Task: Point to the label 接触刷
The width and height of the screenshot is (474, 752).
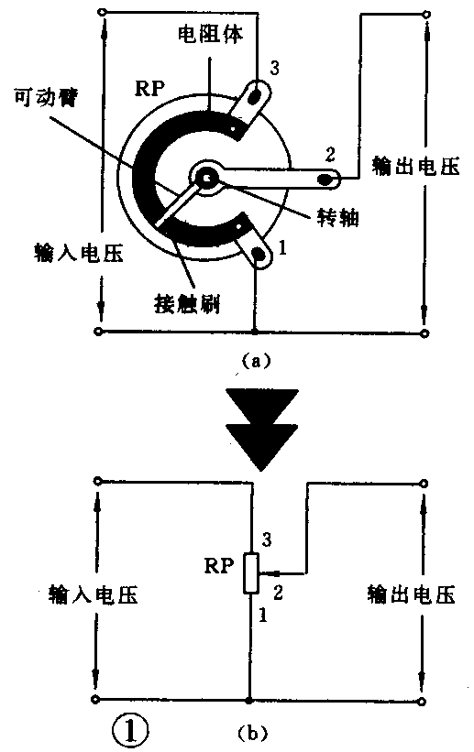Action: (185, 301)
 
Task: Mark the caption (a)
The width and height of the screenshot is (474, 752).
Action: (254, 361)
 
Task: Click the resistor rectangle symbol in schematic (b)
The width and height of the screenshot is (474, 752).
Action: (250, 575)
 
